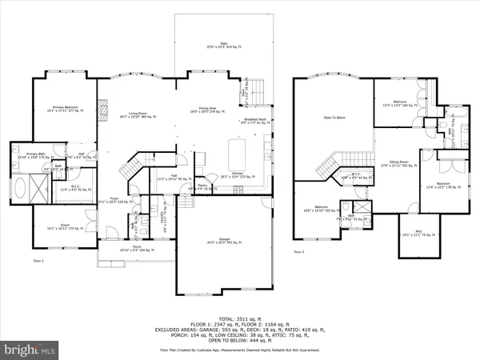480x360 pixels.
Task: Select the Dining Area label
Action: (206, 111)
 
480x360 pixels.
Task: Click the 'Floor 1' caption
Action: (38, 262)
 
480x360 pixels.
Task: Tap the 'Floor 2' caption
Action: (299, 252)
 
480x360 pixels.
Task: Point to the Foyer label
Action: (114, 200)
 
